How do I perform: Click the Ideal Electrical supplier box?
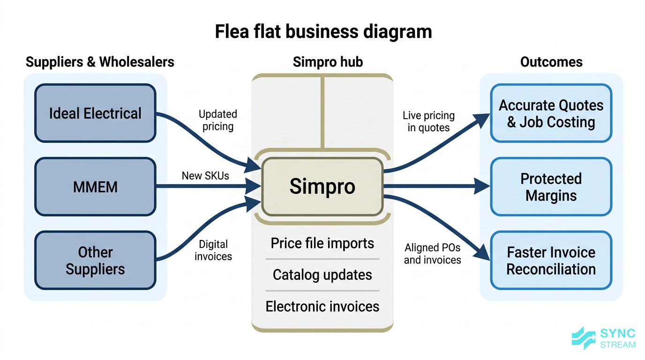[x=95, y=113]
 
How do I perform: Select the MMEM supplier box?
[x=95, y=187]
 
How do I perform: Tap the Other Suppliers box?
[x=95, y=261]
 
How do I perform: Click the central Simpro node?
[x=322, y=187]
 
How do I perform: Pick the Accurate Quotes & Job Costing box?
[x=551, y=113]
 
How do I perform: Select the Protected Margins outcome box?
[x=551, y=187]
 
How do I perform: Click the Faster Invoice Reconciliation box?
[x=551, y=261]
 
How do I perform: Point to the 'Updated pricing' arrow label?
[x=218, y=120]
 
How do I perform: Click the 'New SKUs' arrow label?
[x=205, y=176]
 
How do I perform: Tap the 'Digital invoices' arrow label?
[x=213, y=250]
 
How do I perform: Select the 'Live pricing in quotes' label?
[x=428, y=121]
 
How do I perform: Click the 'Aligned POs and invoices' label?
[x=432, y=254]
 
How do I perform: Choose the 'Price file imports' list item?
[x=322, y=243]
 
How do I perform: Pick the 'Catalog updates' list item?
[x=322, y=275]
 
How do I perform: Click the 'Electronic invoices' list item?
[x=322, y=307]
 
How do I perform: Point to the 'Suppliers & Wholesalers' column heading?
[x=100, y=62]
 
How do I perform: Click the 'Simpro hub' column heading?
[x=328, y=62]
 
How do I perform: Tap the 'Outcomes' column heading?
[x=551, y=62]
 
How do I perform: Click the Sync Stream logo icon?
[x=584, y=338]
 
